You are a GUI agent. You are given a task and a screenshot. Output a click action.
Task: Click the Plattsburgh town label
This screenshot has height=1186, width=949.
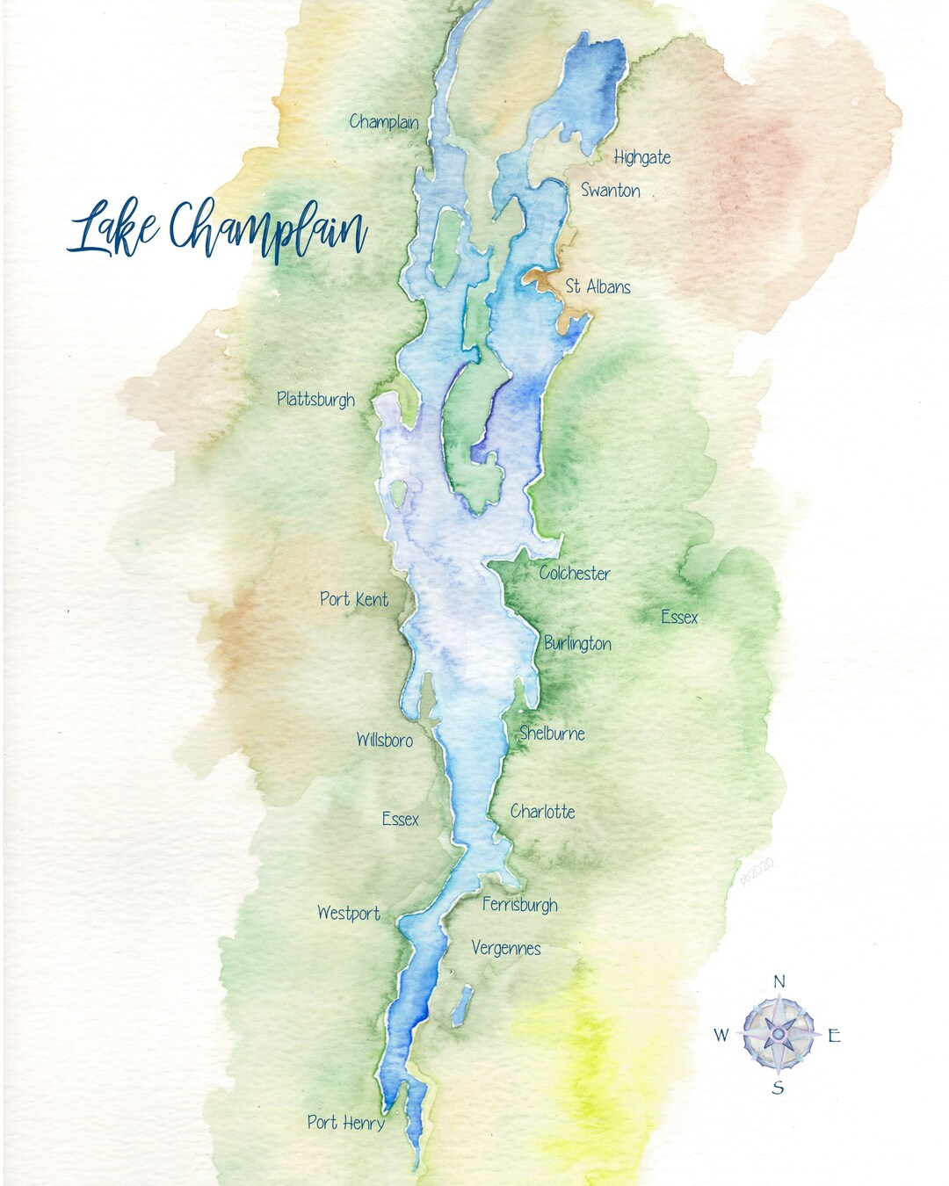coord(315,399)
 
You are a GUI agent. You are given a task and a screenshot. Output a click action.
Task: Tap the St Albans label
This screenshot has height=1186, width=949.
coord(598,286)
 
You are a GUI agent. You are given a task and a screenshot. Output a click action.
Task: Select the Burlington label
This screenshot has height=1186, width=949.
coord(577,643)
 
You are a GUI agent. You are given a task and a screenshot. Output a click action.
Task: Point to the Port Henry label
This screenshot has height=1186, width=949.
coord(345,1122)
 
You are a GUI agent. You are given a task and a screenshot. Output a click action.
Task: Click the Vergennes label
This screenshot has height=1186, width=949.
coord(506,948)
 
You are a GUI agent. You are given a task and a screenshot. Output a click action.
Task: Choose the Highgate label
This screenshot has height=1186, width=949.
coord(641,157)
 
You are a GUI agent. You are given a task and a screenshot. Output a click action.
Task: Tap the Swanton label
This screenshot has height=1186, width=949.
coord(610,190)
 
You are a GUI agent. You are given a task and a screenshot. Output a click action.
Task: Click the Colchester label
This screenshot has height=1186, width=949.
coord(575,573)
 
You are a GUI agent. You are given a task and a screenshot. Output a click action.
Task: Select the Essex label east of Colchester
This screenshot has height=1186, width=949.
coord(679,617)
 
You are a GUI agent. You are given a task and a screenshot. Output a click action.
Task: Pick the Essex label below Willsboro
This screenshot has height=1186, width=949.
coord(400,819)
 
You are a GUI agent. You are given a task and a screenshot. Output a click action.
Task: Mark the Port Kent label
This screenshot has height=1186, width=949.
coord(353,599)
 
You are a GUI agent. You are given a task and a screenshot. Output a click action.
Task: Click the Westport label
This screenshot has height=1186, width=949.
coord(348,914)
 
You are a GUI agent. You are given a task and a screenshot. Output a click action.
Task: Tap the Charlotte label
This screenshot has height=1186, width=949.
coord(543,812)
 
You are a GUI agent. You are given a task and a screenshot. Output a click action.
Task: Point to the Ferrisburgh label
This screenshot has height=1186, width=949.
coord(519,904)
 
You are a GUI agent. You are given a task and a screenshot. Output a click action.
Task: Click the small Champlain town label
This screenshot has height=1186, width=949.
coord(383,121)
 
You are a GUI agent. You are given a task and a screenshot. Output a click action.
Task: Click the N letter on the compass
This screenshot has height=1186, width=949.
coord(779,982)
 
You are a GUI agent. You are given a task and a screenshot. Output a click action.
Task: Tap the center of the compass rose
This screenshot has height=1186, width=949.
coord(779,1034)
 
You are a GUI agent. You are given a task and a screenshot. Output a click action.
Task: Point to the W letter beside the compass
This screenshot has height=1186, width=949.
coord(721,1035)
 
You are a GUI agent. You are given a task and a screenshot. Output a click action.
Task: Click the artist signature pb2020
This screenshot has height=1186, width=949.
coord(757,873)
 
